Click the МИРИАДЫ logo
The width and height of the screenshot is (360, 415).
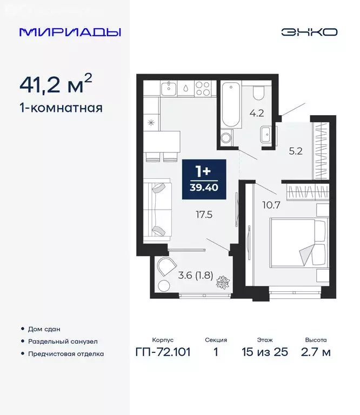(x=70, y=32)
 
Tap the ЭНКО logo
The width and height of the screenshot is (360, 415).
(x=309, y=32)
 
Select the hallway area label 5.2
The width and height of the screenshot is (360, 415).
(x=295, y=151)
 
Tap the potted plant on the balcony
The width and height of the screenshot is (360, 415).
(x=223, y=282)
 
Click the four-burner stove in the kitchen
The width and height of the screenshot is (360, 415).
(x=203, y=88)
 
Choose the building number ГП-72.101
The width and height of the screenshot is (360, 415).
(x=163, y=352)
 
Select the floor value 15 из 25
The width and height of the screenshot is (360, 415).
(x=265, y=352)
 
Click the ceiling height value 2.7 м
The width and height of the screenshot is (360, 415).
(x=316, y=352)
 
